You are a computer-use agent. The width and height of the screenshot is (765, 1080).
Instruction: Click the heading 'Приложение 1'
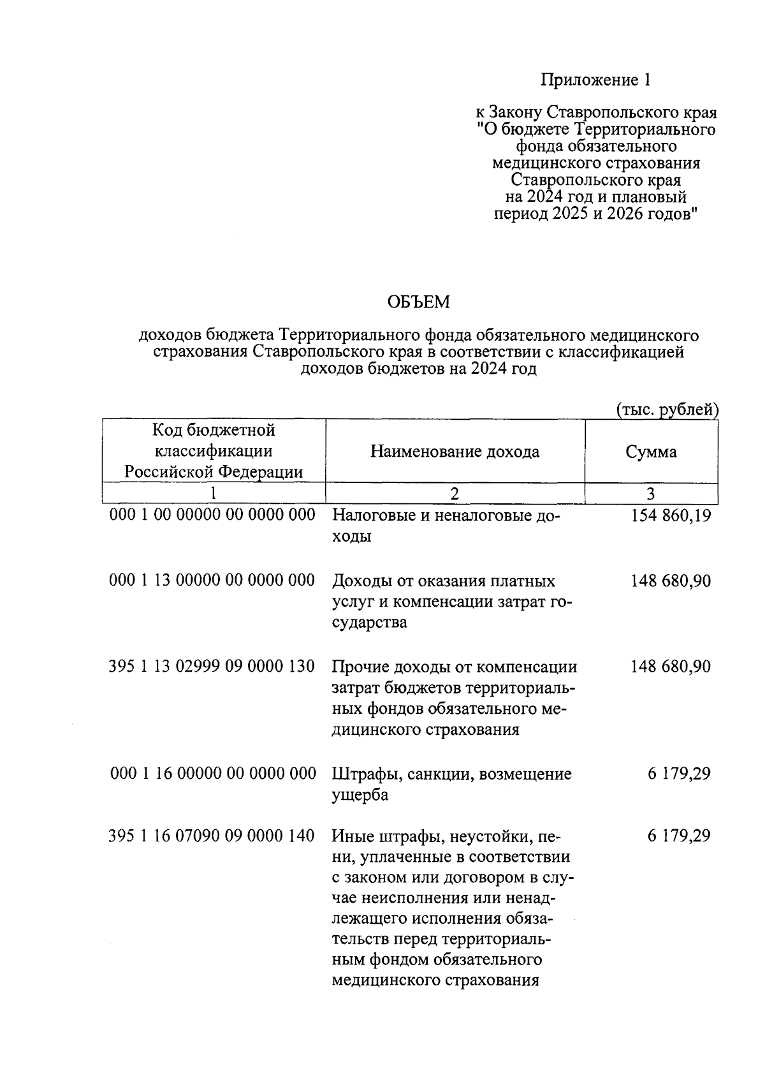coord(595,80)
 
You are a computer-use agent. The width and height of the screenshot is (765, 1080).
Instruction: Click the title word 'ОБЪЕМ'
coord(418,302)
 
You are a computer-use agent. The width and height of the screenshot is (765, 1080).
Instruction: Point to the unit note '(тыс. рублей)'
coord(667,410)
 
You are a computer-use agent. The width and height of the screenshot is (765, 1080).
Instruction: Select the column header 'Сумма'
coord(651,452)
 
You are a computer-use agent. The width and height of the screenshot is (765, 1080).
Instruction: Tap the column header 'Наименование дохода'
coord(455,452)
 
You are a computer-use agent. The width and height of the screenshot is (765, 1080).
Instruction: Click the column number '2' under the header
coord(455,493)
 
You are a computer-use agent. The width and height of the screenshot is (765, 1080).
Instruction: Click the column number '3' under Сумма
coord(651,493)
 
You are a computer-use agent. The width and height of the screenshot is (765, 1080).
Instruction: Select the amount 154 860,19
coord(671,515)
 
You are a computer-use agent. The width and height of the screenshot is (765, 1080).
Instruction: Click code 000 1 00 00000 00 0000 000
coord(212,515)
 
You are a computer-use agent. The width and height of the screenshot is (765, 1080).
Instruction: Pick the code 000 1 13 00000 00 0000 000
coord(212,581)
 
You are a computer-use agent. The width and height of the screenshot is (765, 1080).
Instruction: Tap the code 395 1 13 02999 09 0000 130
coord(212,667)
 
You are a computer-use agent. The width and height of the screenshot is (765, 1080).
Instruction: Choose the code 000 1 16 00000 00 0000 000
coord(213,774)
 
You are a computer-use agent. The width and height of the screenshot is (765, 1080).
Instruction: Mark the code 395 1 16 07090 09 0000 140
coord(212,836)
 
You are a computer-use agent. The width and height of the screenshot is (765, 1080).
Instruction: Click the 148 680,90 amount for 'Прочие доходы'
coord(671,667)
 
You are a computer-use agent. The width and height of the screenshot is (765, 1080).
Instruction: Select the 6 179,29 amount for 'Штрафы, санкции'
coord(679,774)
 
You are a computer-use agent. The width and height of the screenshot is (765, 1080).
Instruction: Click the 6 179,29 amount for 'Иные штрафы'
coord(679,836)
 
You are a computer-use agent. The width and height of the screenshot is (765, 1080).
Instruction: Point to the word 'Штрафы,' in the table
coord(360,774)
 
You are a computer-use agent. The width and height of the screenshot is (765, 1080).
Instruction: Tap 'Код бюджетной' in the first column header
coord(214,430)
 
